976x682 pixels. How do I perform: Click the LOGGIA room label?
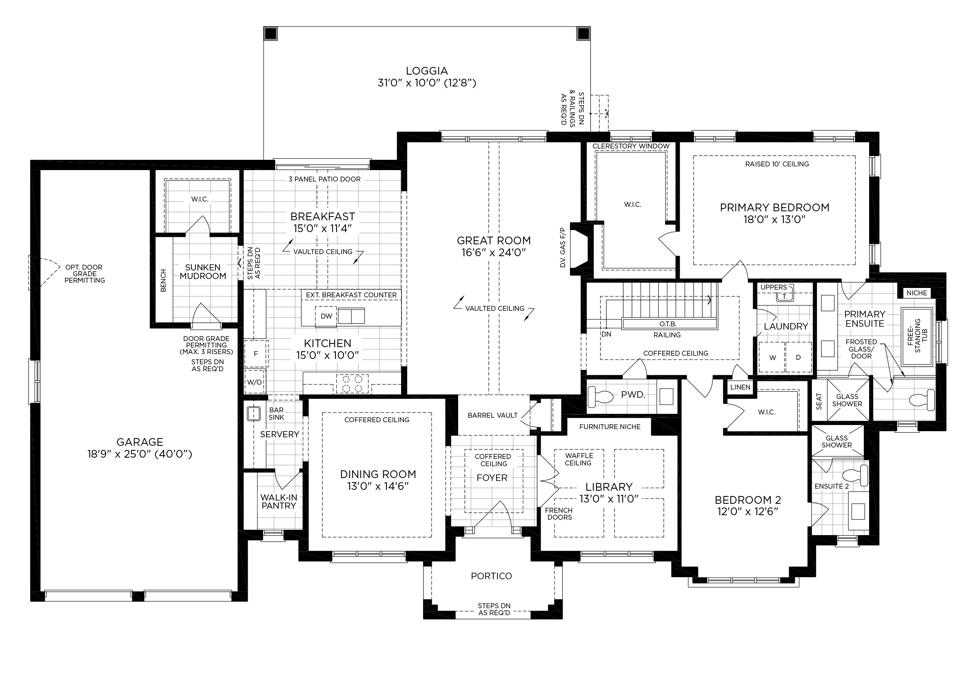click(427, 71)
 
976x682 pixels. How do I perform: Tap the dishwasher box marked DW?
click(326, 317)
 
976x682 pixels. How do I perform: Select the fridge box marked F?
click(256, 354)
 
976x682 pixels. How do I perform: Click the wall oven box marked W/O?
click(255, 382)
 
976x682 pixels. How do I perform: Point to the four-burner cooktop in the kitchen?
click(353, 383)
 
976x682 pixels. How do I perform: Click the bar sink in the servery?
click(254, 414)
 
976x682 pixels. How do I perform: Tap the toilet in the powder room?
click(601, 397)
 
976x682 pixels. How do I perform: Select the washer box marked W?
click(772, 357)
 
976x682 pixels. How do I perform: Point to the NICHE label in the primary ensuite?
click(916, 293)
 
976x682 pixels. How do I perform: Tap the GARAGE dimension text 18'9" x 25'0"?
click(140, 454)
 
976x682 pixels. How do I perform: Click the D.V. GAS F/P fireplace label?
click(563, 247)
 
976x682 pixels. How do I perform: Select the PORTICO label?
click(491, 576)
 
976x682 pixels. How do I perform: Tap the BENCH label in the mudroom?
click(163, 281)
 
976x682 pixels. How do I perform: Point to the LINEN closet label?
click(740, 387)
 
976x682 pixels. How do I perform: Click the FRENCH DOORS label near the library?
click(559, 514)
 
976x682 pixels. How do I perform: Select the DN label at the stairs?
click(606, 334)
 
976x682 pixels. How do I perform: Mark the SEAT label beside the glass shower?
click(819, 401)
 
